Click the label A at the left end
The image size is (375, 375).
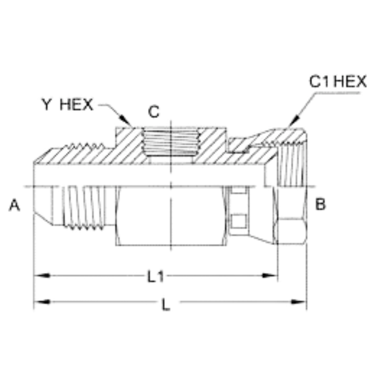point(14,205)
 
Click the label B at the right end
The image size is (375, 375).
point(320,205)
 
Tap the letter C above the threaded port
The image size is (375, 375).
point(153,112)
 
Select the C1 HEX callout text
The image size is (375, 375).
point(338,82)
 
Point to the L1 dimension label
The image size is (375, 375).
point(155,277)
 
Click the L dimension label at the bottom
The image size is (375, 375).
point(166,305)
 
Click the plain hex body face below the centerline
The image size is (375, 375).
point(170,215)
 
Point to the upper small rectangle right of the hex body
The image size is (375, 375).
point(239,191)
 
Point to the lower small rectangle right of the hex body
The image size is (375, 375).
point(239,220)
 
